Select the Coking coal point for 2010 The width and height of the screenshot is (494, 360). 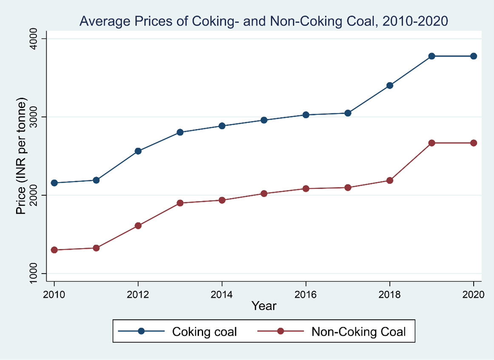pyautogui.click(x=54, y=183)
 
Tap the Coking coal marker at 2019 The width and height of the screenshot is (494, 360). pyautogui.click(x=432, y=56)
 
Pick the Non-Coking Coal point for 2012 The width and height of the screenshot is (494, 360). pyautogui.click(x=138, y=226)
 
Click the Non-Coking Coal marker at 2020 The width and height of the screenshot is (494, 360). pyautogui.click(x=473, y=143)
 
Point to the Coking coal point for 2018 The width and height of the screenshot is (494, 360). pyautogui.click(x=389, y=86)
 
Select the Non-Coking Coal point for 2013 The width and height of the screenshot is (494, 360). pyautogui.click(x=180, y=203)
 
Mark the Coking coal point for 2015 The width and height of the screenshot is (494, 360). pyautogui.click(x=264, y=120)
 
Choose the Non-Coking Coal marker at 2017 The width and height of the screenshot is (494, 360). pyautogui.click(x=347, y=188)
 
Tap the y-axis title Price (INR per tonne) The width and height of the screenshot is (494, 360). pyautogui.click(x=21, y=156)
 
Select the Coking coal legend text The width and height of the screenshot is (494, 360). pyautogui.click(x=204, y=332)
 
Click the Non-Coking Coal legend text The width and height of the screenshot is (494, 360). pyautogui.click(x=358, y=332)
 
